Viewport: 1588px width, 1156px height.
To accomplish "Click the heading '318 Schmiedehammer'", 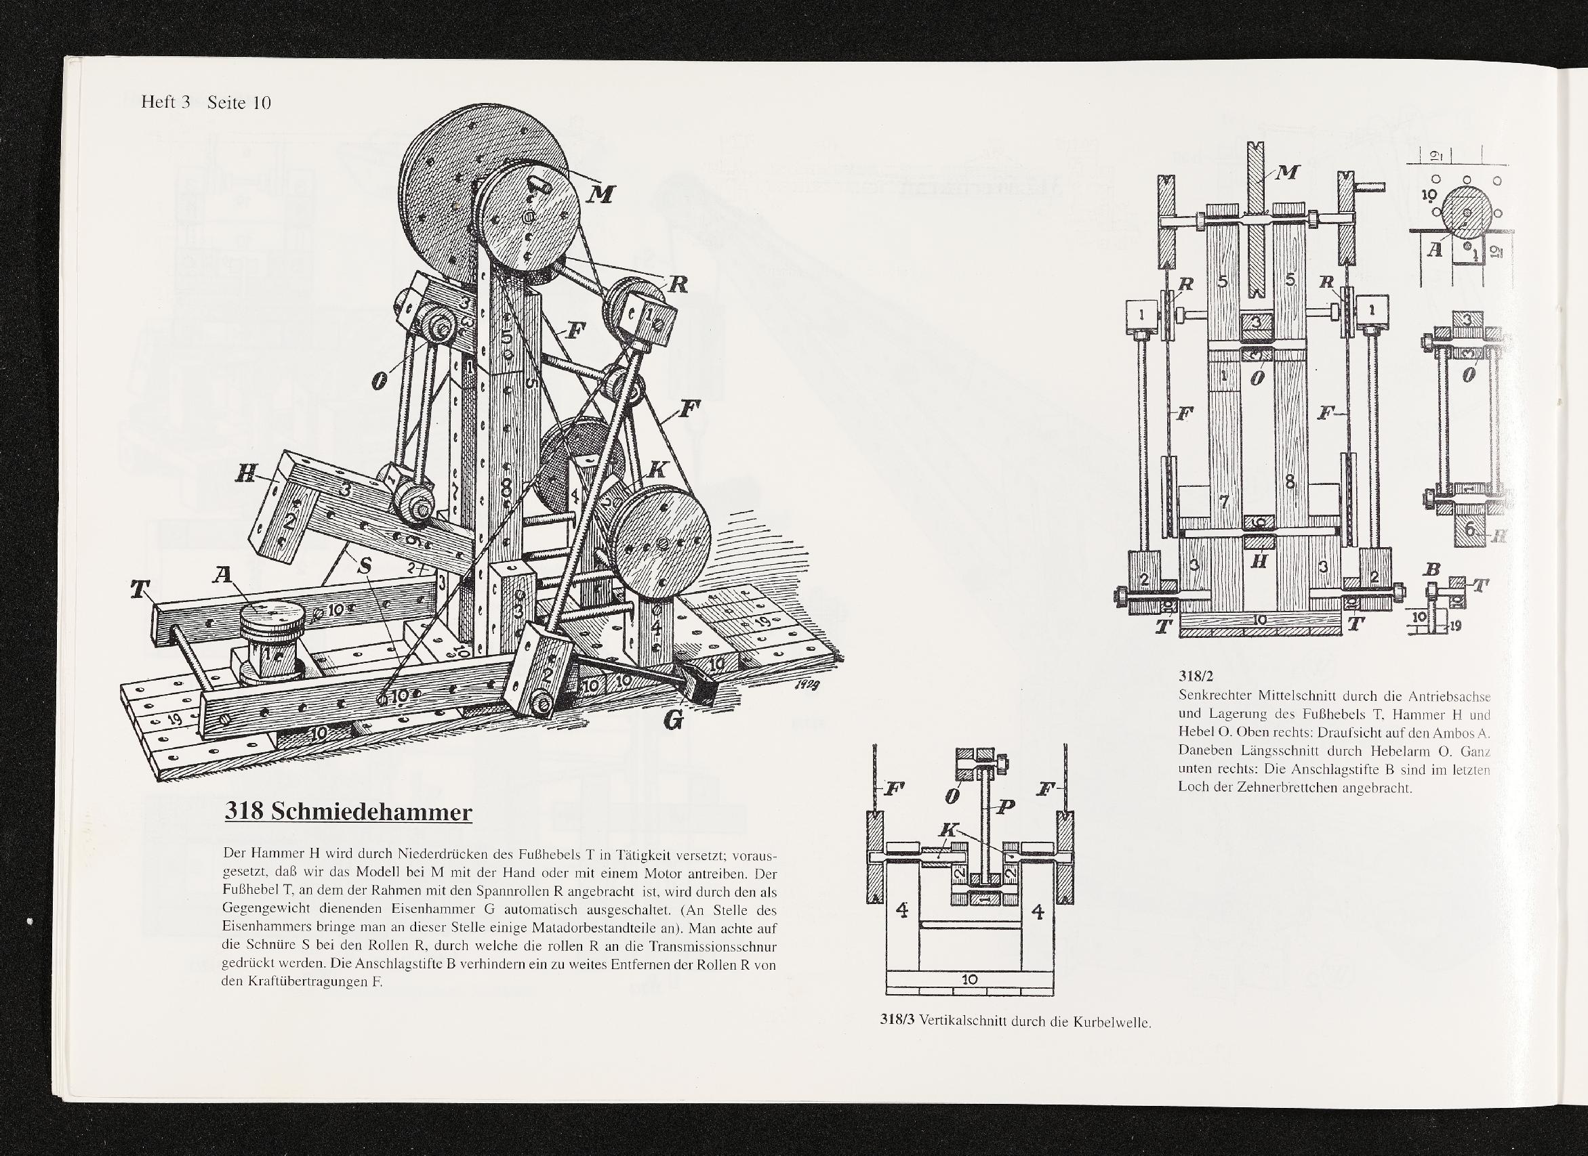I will [x=348, y=812].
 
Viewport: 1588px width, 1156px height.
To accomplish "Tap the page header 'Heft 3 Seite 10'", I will [x=206, y=103].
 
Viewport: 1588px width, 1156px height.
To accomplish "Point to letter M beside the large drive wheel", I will [x=599, y=194].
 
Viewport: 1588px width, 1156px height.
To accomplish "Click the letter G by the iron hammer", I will [x=672, y=719].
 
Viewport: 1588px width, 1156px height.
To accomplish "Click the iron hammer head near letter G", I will [x=700, y=689].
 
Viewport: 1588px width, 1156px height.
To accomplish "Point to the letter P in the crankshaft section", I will [x=1005, y=807].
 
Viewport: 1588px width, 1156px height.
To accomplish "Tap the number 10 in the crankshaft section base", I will [x=969, y=980].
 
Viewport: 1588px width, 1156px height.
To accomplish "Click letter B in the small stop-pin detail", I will [x=1433, y=570].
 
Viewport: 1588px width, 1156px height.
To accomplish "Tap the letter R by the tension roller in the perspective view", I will [x=678, y=284].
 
